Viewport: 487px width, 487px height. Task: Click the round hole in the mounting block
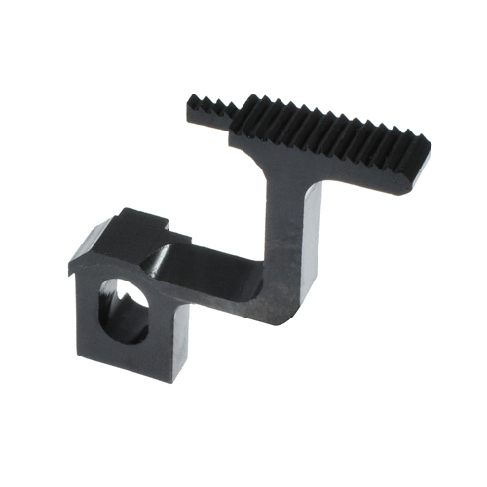point(125,311)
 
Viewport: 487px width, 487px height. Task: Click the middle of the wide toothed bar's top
point(331,132)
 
